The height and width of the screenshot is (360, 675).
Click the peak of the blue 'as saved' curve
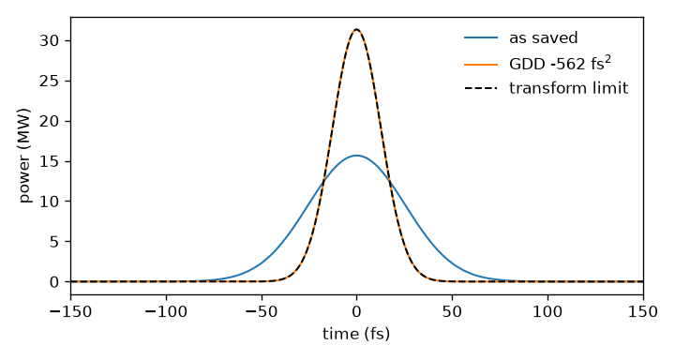tap(357, 156)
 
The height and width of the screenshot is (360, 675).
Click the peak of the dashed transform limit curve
tap(357, 29)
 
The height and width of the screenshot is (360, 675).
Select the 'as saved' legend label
tap(543, 37)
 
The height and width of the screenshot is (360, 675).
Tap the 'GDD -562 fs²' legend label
tap(560, 63)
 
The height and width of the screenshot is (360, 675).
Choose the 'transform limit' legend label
tap(569, 88)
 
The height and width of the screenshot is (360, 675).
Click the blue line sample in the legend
tap(481, 37)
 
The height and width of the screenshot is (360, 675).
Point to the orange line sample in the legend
tap(481, 64)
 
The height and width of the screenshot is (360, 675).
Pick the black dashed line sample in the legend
tap(481, 88)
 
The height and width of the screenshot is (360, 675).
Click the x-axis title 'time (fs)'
tap(356, 334)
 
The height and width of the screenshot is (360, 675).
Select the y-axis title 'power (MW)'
tap(25, 156)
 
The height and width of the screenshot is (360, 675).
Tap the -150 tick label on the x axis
tap(70, 311)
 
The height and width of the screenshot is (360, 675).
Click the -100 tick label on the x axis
tap(166, 311)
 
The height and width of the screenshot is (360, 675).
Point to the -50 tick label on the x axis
tap(262, 311)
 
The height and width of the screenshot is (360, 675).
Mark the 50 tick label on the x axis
tap(452, 311)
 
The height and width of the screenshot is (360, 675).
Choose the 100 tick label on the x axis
tap(547, 311)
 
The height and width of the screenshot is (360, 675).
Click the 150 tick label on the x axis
tap(643, 311)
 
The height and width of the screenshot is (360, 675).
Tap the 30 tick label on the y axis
tap(49, 41)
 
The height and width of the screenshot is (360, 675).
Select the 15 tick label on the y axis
tap(49, 161)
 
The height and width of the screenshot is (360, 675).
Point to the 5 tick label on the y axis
tap(53, 242)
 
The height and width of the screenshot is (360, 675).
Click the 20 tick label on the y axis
tap(49, 122)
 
